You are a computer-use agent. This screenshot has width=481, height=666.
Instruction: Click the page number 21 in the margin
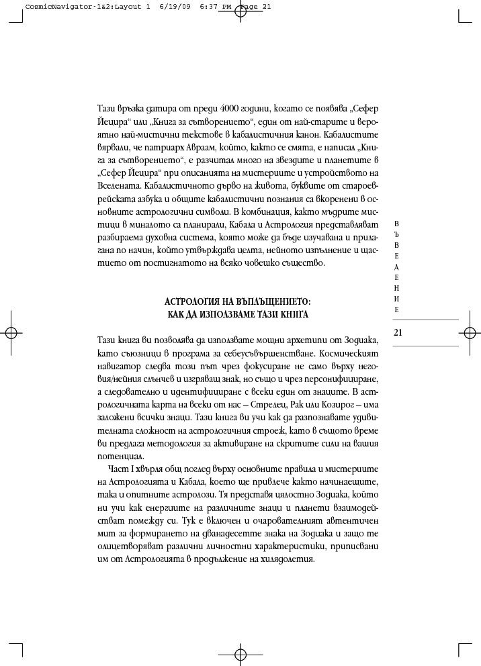tap(398, 332)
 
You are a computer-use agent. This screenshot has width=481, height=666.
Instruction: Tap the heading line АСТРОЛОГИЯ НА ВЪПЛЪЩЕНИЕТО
tap(238, 301)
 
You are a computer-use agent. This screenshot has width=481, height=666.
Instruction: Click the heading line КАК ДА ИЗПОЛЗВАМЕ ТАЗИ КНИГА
tap(238, 314)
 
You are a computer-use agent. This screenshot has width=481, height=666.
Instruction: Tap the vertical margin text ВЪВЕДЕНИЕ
tap(396, 266)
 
